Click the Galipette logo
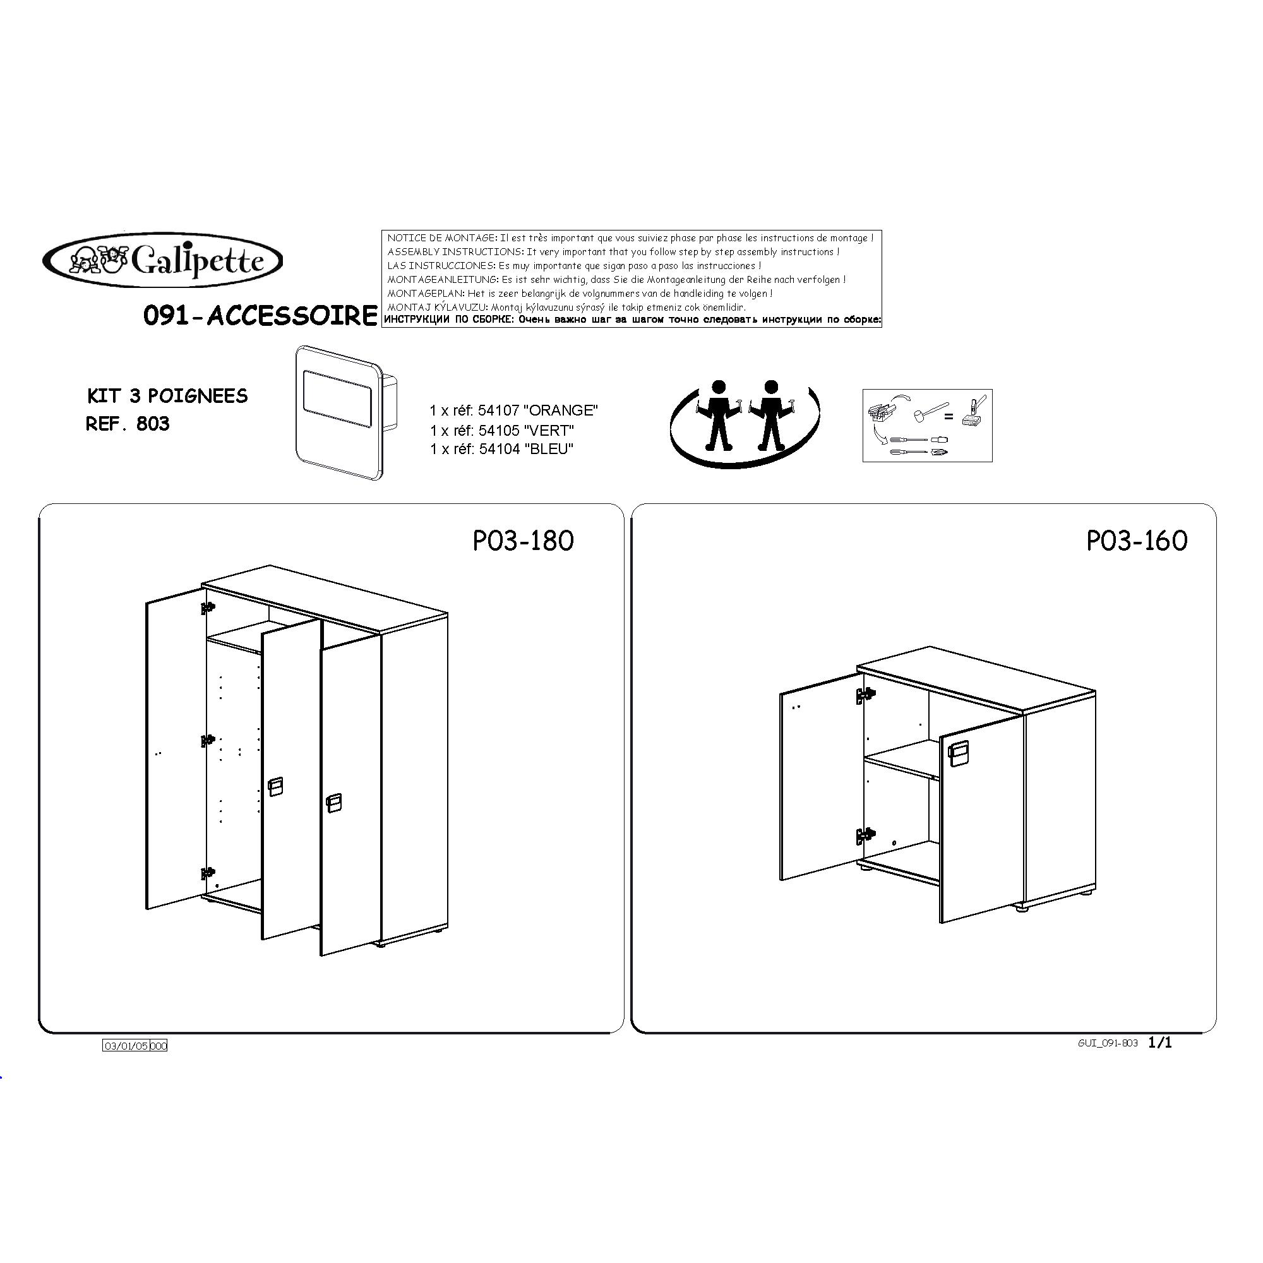(164, 261)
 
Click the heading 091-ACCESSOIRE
(260, 316)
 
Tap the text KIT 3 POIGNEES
(167, 396)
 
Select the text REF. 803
(128, 424)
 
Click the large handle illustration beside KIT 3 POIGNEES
(345, 412)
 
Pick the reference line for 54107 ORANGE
(514, 410)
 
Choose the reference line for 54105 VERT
(501, 431)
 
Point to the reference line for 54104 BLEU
(501, 449)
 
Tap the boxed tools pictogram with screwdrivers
(927, 426)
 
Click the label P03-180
(523, 541)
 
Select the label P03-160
(1137, 541)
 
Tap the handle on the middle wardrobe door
(275, 787)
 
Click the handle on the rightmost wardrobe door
(333, 803)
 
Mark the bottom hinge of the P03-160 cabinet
(866, 835)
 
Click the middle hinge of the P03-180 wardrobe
(208, 741)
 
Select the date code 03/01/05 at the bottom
(126, 1046)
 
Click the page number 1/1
(1159, 1043)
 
